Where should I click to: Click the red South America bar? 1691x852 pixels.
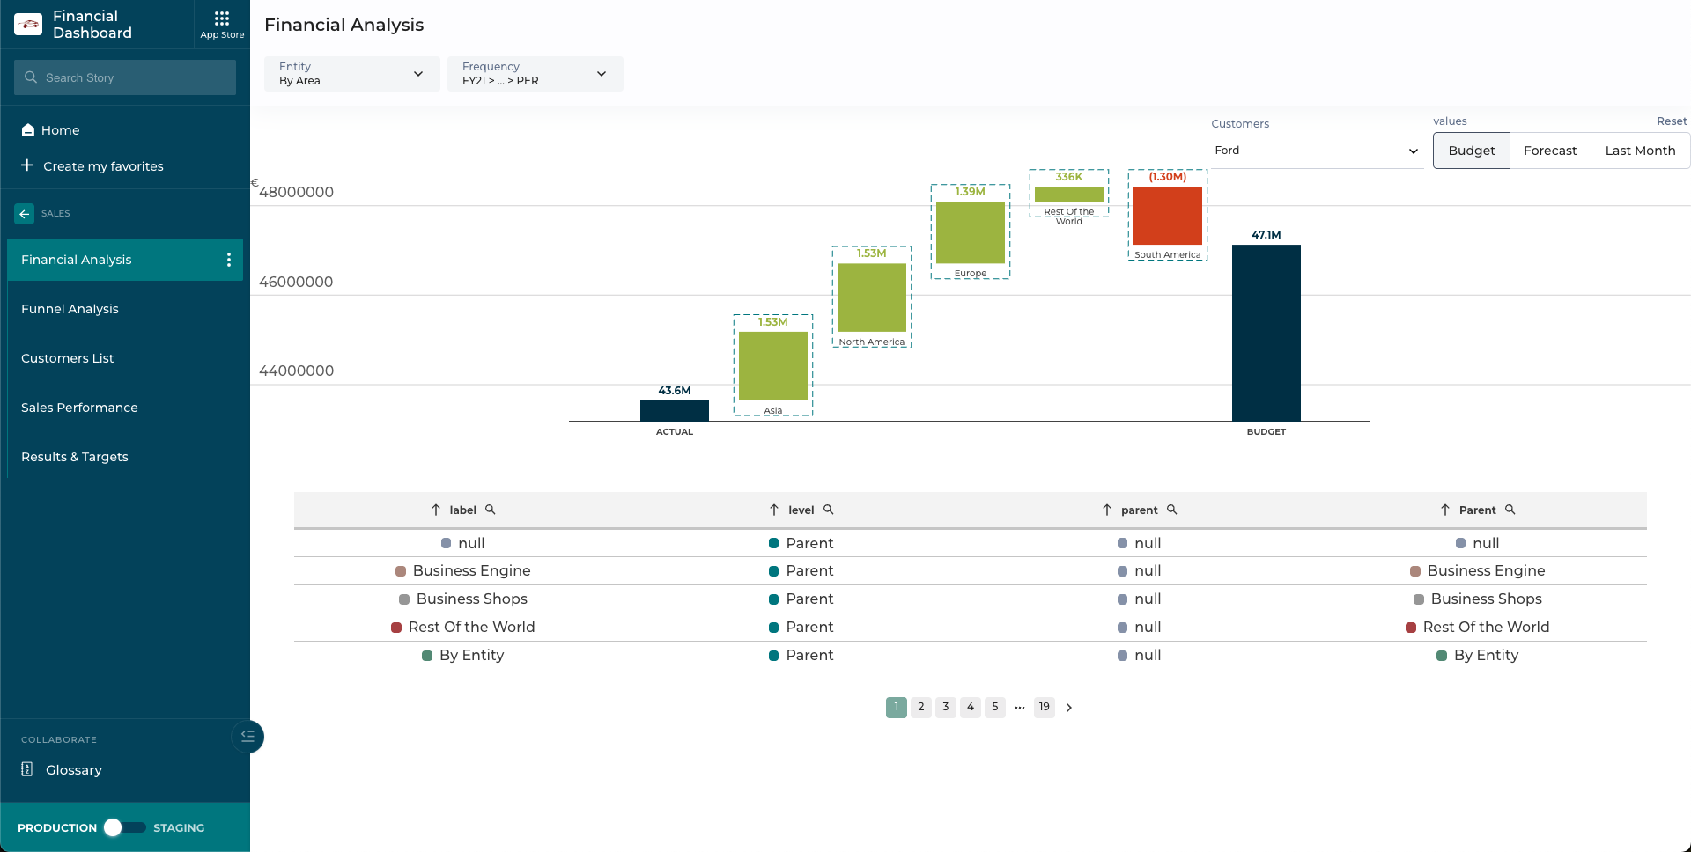point(1167,216)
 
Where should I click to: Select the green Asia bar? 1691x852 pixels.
point(772,365)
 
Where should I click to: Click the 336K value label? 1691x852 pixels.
point(1068,177)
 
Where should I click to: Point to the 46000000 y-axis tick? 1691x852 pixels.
point(296,282)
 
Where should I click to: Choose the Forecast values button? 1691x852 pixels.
point(1549,151)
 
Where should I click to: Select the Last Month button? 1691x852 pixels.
point(1639,151)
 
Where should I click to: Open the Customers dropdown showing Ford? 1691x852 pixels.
point(1315,151)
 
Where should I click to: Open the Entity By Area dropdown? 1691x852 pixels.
point(351,74)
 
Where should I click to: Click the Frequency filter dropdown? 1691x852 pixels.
point(535,74)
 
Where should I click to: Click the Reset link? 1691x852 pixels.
point(1671,121)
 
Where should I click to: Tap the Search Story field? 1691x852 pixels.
point(125,77)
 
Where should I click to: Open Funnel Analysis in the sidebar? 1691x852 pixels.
point(70,309)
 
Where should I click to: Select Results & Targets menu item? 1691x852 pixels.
point(75,457)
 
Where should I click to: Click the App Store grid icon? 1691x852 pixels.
point(222,19)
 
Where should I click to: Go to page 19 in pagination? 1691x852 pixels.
point(1044,707)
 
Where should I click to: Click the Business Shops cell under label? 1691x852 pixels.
point(471,599)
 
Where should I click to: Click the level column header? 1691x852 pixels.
point(801,510)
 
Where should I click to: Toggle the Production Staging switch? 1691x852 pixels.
point(124,827)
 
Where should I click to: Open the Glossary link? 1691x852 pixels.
point(73,770)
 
